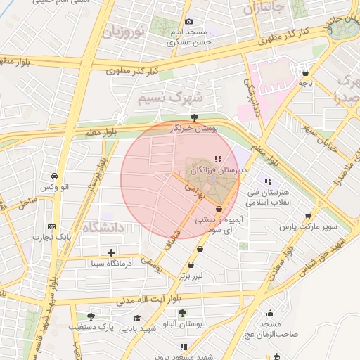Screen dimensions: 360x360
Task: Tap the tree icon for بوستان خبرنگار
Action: coord(195,117)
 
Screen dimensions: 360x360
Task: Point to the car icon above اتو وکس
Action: coord(54,176)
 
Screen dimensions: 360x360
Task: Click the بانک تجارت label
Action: coord(55,238)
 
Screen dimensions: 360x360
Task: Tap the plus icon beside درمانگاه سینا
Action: coord(111,252)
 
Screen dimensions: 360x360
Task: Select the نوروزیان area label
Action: coord(123,32)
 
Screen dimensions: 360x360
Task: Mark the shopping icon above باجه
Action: coord(305,72)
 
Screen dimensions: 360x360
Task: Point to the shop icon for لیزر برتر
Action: coord(192,265)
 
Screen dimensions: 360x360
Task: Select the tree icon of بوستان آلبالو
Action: coord(182,313)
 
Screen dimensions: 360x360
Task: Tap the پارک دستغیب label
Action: coord(91,327)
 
